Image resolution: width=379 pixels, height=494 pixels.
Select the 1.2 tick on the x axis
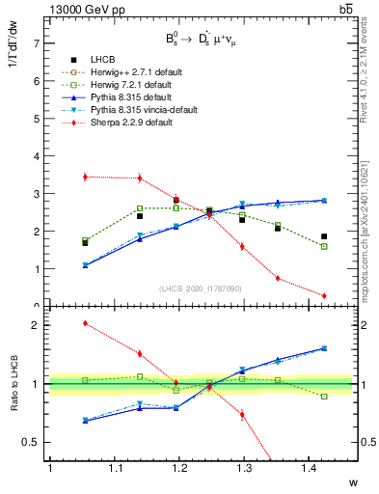pos(177,468)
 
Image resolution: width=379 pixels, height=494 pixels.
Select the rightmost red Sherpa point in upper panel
pos(324,295)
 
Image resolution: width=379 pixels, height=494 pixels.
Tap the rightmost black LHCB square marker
pos(324,236)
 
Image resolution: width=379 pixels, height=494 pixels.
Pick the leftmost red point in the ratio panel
pos(86,323)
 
